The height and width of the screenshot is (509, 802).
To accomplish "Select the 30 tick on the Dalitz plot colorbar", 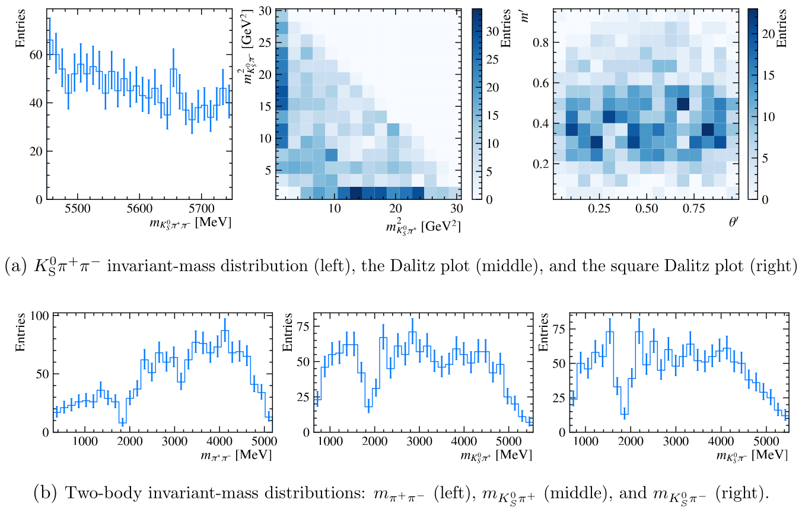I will click(x=490, y=33).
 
